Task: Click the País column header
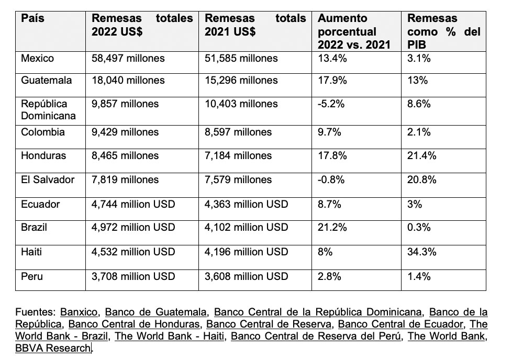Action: coord(32,18)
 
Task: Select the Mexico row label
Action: coord(37,59)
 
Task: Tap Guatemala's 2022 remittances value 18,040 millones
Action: coord(128,80)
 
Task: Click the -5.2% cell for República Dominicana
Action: coord(331,104)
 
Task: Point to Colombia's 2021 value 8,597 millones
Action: coord(238,132)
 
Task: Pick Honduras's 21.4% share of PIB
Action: coord(421,156)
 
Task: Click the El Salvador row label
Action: coord(48,180)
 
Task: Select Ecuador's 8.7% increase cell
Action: coord(329,204)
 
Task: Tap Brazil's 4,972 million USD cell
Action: coord(133,227)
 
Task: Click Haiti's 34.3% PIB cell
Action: coord(421,252)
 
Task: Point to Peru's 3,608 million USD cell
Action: coord(246,276)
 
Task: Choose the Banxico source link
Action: coord(79,312)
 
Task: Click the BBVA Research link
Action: coord(53,348)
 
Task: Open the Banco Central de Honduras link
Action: coord(134,324)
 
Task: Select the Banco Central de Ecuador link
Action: coord(400,324)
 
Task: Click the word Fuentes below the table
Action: coord(36,312)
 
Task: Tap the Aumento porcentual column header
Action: coord(354,32)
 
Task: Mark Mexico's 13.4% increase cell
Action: coord(332,59)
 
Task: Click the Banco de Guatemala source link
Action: coord(156,312)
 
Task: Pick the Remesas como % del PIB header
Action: coord(444,32)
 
